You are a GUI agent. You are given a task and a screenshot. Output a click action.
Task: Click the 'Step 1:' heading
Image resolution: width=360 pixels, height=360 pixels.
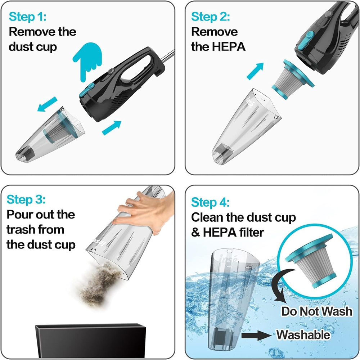(28, 17)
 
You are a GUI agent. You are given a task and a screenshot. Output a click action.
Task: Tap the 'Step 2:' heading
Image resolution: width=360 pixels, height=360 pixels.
(210, 17)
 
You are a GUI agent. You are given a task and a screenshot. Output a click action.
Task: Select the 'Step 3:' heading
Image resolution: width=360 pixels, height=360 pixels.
(26, 199)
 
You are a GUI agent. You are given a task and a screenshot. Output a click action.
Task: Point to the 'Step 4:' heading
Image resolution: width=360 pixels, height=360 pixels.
(210, 202)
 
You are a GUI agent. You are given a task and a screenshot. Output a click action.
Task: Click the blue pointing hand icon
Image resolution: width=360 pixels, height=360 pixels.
(88, 60)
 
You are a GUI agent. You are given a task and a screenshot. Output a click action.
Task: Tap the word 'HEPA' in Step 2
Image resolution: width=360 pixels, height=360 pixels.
(229, 46)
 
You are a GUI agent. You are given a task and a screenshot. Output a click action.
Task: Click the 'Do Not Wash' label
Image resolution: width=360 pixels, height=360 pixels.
(316, 311)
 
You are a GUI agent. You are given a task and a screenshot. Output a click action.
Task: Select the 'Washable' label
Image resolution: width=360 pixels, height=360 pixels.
(303, 334)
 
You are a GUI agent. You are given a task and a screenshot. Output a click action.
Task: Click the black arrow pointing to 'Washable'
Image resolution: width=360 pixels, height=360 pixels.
(256, 335)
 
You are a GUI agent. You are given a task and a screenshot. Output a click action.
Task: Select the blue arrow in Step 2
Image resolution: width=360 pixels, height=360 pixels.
(255, 71)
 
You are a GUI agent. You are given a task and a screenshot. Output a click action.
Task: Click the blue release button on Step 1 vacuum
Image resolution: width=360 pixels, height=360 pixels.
(87, 90)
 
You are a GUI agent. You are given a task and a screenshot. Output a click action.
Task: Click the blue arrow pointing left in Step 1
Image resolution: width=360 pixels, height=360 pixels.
(47, 104)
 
